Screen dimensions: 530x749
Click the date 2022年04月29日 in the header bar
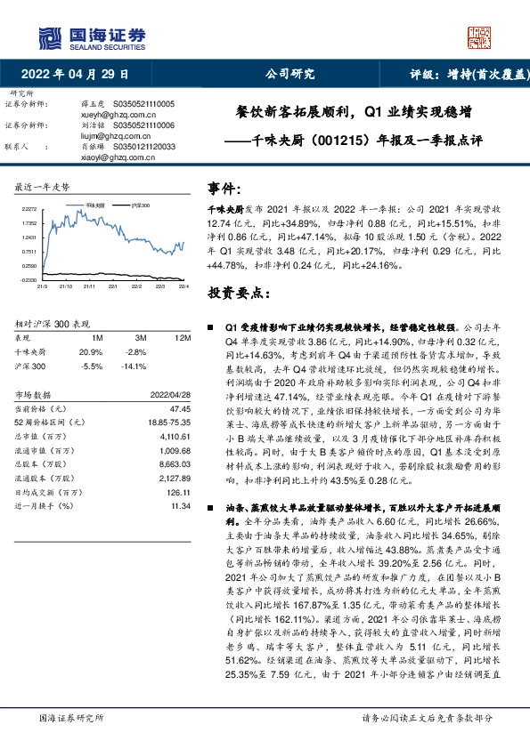[x=80, y=74]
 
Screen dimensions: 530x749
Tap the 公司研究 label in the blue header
[x=290, y=74]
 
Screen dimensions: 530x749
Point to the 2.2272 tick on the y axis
[x=29, y=208]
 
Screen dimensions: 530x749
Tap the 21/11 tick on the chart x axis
[x=88, y=286]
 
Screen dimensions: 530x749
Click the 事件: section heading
[x=226, y=189]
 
